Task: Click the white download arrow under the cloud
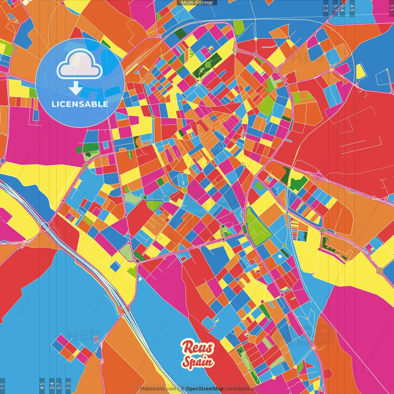tap(75, 88)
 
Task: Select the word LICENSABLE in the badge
tap(80, 104)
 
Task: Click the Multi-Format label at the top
tap(197, 3)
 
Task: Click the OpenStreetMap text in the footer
tap(204, 389)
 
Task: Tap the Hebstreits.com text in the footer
tap(158, 389)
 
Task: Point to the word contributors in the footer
tap(239, 389)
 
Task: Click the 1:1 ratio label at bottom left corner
tap(3, 386)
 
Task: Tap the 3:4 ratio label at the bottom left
tap(51, 386)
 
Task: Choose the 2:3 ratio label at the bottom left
tap(68, 386)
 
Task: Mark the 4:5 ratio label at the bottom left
tap(42, 386)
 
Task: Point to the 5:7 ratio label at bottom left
tap(59, 386)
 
